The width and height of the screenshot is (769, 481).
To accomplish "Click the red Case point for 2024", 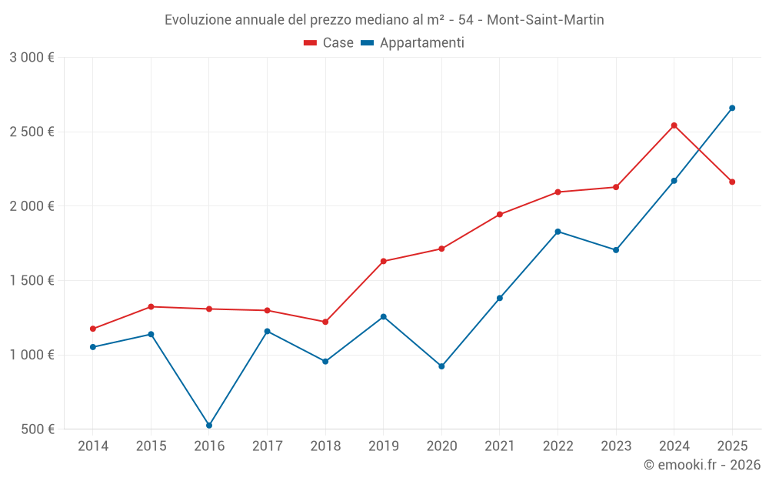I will coord(674,125).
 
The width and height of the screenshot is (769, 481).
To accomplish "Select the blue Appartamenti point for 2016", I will coord(209,425).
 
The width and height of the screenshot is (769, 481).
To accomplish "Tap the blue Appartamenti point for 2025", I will coord(732,108).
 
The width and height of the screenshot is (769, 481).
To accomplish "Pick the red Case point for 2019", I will coord(383,261).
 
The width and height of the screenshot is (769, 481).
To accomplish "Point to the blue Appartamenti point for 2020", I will coord(441,366).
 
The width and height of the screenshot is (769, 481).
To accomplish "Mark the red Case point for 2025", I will coord(732,182).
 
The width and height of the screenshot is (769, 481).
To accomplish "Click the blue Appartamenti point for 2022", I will coord(558,232).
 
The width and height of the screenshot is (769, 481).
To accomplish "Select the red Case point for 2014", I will coord(93,329).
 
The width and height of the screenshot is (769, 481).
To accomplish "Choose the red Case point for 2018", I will coord(325,322).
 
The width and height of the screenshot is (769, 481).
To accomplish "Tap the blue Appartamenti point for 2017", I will coord(267,331).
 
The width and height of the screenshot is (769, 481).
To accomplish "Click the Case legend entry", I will coord(329,43).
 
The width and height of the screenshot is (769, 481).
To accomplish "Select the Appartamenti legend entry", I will coord(414,43).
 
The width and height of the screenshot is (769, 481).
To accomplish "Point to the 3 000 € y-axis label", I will coord(32,57).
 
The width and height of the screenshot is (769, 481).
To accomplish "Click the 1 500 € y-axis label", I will coord(32,280).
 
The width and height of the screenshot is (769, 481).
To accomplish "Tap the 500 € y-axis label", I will coord(37,429).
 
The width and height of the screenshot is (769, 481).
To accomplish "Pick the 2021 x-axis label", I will coord(500,446).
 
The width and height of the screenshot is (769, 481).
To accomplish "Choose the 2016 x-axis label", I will coord(209,446).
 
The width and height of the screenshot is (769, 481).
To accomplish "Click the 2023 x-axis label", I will coord(616,446).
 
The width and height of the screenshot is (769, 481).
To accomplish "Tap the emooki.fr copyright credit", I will coord(702,465).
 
